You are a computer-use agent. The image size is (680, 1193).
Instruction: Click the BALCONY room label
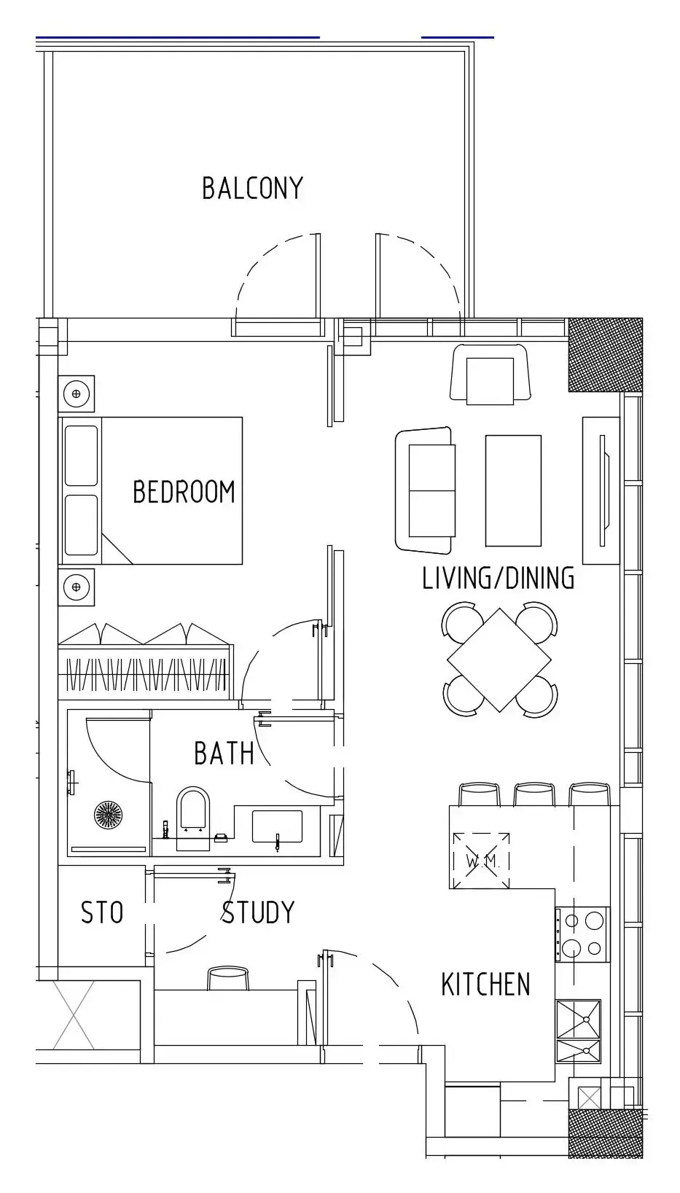click(x=252, y=189)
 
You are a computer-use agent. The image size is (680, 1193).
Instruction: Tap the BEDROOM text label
click(x=184, y=492)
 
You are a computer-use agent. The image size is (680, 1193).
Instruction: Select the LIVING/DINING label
click(x=499, y=579)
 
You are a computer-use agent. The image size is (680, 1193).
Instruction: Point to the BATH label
click(x=224, y=753)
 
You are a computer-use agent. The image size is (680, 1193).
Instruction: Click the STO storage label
click(x=102, y=912)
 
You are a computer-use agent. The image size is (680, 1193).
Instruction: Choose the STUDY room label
click(x=258, y=912)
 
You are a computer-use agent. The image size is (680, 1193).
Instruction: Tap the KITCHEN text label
click(x=485, y=985)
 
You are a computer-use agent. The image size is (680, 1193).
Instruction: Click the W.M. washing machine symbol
click(x=481, y=861)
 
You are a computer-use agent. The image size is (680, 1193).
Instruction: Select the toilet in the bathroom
click(x=192, y=818)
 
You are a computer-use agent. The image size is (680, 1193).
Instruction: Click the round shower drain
click(x=110, y=814)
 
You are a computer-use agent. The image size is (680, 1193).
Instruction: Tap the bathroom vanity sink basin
click(x=277, y=826)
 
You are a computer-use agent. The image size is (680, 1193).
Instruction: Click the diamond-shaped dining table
click(x=499, y=660)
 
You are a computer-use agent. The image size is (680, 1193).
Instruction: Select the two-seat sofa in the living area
click(x=425, y=490)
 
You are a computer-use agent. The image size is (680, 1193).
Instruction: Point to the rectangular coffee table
click(x=513, y=491)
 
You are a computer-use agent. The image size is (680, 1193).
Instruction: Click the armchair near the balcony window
click(x=490, y=373)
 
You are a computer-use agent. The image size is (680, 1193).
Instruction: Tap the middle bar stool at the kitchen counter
click(x=534, y=794)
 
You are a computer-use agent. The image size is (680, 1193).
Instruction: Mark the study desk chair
click(x=228, y=978)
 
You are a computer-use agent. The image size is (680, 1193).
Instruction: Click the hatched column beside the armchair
click(x=606, y=355)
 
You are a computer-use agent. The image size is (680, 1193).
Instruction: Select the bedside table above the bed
click(x=76, y=394)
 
